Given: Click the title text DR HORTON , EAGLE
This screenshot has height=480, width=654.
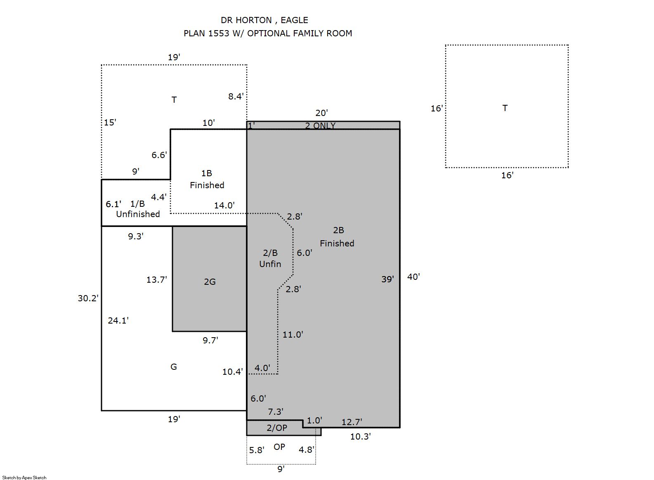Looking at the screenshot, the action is pyautogui.click(x=264, y=20).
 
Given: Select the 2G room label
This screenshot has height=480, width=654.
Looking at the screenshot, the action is pyautogui.click(x=210, y=282).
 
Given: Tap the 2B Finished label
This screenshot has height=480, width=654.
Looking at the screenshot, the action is pyautogui.click(x=337, y=237).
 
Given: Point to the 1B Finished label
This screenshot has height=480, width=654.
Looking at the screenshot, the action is pyautogui.click(x=207, y=179).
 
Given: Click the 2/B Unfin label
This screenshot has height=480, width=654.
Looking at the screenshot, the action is pyautogui.click(x=270, y=258).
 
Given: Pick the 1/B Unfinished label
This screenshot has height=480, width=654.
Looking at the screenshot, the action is pyautogui.click(x=138, y=209).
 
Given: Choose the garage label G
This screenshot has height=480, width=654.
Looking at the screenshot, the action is pyautogui.click(x=174, y=367).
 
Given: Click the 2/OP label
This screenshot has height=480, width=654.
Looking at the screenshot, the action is pyautogui.click(x=277, y=428).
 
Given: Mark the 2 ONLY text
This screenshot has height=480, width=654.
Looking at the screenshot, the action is pyautogui.click(x=320, y=125).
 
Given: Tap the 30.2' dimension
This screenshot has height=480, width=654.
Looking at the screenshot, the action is pyautogui.click(x=88, y=298).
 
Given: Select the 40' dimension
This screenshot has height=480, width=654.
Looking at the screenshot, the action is pyautogui.click(x=413, y=277).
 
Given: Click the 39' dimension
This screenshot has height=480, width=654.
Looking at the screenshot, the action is pyautogui.click(x=388, y=279).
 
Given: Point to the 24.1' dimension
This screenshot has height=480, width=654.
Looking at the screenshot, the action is pyautogui.click(x=118, y=321).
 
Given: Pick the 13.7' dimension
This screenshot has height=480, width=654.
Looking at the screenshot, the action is pyautogui.click(x=157, y=280).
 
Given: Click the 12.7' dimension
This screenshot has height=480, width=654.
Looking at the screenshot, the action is pyautogui.click(x=352, y=422).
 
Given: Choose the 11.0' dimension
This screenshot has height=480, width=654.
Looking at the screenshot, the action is pyautogui.click(x=293, y=335).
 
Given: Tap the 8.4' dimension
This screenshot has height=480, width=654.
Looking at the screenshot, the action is pyautogui.click(x=236, y=96).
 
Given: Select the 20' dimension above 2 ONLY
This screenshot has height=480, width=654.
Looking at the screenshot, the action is pyautogui.click(x=321, y=113).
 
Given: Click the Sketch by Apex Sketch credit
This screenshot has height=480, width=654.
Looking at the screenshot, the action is pyautogui.click(x=24, y=478).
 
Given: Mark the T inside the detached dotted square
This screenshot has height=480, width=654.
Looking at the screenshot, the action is pyautogui.click(x=505, y=108).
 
